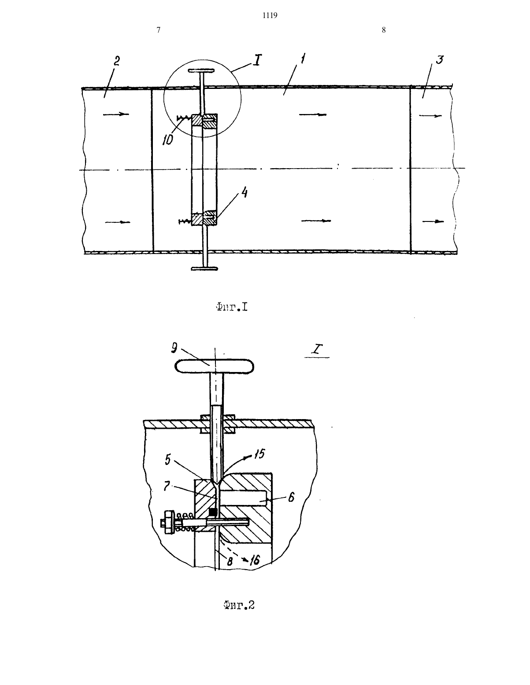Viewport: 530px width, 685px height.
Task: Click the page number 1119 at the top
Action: [x=270, y=15]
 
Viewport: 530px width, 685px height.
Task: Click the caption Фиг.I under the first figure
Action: [x=232, y=307]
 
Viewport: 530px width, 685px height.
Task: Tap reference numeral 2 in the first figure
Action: [x=117, y=61]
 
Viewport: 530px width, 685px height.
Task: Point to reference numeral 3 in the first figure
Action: [x=440, y=60]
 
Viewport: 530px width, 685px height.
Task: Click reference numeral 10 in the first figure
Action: [x=168, y=140]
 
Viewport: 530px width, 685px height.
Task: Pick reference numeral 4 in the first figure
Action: [x=244, y=192]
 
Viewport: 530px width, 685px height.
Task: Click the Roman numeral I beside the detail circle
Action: [x=257, y=59]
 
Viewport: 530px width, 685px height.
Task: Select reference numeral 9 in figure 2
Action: [x=174, y=347]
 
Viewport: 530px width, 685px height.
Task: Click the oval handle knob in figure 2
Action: [x=214, y=366]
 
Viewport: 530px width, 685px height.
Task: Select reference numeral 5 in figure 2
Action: [x=168, y=460]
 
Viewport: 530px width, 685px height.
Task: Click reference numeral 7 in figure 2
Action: [x=167, y=486]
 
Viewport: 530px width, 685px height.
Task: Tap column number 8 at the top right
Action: [x=384, y=30]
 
